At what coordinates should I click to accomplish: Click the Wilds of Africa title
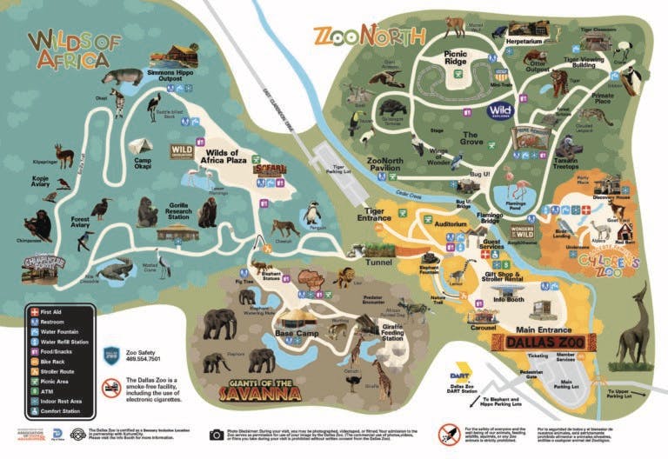coord(68,50)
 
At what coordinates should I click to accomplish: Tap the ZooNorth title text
coord(369,37)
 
